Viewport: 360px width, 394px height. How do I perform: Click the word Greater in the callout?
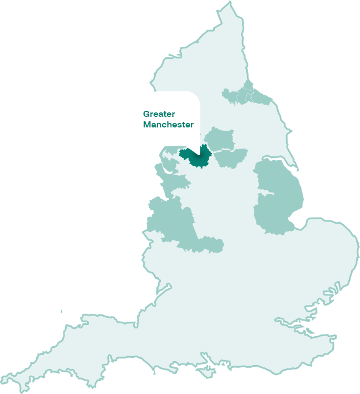tap(159, 114)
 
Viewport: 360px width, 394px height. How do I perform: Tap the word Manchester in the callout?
tap(168, 125)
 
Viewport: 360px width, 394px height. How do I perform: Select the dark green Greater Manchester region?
tap(195, 157)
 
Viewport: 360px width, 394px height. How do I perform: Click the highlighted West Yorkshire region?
tap(218, 139)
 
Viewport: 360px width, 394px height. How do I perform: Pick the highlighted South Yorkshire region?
tap(230, 158)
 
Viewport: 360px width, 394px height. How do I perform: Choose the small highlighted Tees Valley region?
tap(238, 96)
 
